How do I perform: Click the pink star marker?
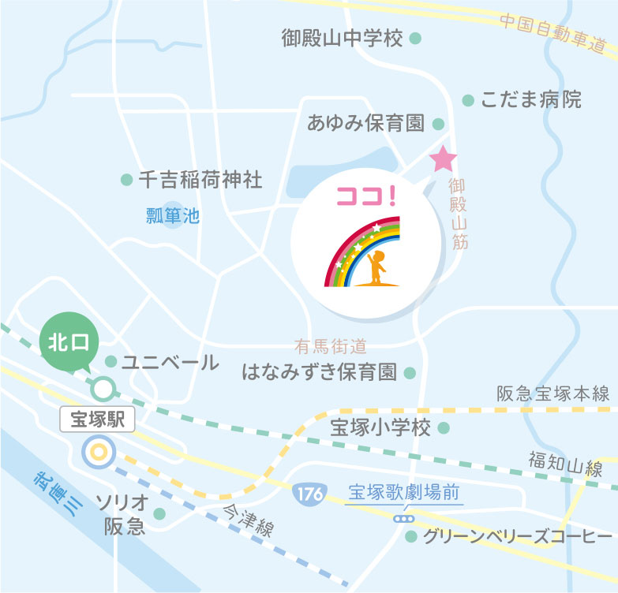(x=443, y=159)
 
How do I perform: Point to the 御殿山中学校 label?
(x=342, y=38)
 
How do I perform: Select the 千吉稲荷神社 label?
(x=200, y=180)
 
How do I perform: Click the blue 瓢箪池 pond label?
(x=173, y=214)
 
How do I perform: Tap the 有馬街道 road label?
(x=330, y=345)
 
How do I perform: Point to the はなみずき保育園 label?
(x=319, y=372)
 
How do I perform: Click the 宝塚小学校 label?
(x=380, y=428)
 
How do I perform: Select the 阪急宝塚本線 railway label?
(x=553, y=393)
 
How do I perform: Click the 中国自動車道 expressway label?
(x=557, y=32)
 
